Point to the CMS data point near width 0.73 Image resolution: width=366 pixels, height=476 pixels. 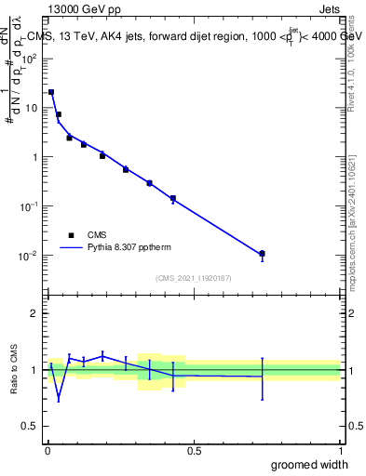262,254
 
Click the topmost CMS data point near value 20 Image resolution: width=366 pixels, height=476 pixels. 51,92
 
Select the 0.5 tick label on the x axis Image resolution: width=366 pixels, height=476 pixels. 194,449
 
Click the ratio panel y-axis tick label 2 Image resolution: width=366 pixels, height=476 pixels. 34,313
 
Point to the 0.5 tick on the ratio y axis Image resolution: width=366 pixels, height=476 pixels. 31,427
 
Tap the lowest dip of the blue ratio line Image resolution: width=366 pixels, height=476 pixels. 59,401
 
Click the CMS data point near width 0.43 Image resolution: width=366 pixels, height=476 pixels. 172,198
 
